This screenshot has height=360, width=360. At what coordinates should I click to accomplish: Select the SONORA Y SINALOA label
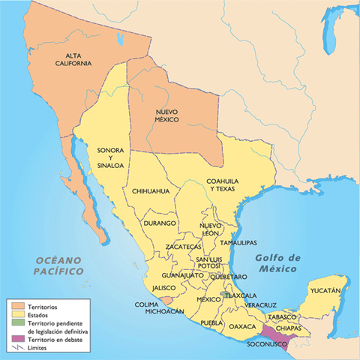[109, 160]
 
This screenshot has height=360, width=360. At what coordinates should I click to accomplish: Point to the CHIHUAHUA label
[151, 192]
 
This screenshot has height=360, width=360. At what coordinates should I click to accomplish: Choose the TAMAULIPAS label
[239, 243]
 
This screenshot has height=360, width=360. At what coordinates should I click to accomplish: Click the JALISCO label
[164, 288]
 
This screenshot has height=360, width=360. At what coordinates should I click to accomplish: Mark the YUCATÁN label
[325, 290]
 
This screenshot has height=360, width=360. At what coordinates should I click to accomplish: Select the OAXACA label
[242, 327]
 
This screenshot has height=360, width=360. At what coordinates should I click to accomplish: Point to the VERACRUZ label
[261, 305]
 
